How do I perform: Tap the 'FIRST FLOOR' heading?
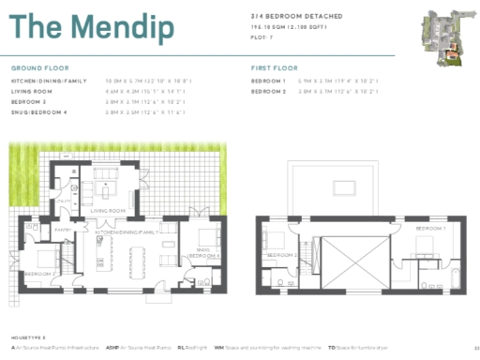[274, 69]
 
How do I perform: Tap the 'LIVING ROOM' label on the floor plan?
[108, 211]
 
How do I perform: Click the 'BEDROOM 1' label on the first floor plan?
[430, 229]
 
